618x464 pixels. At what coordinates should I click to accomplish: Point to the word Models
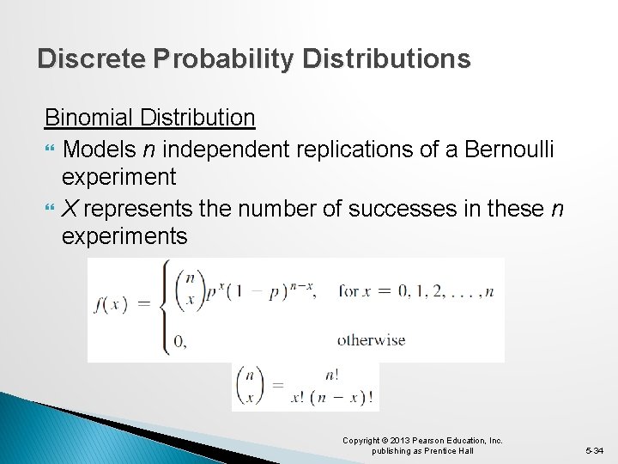[98, 150]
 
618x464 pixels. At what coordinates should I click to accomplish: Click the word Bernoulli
[509, 150]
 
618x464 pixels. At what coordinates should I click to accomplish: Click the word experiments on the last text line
[124, 236]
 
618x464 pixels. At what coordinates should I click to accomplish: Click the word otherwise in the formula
[371, 339]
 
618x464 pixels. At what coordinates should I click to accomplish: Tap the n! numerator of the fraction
[331, 375]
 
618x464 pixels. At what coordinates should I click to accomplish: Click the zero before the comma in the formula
[179, 341]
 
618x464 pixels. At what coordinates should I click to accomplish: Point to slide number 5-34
[595, 450]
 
